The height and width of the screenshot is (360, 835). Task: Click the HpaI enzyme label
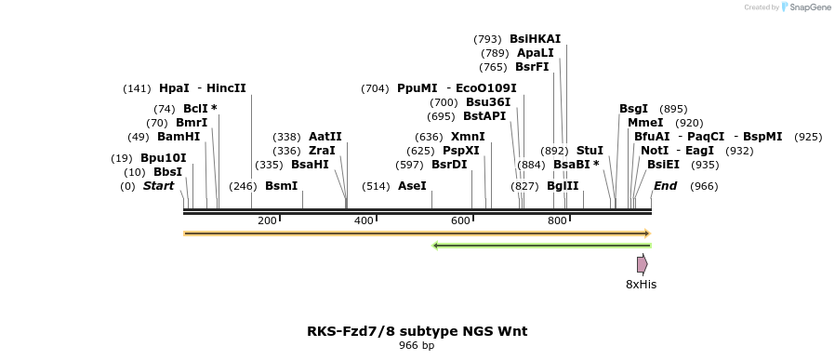click(174, 88)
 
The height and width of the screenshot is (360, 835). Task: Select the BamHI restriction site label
click(178, 137)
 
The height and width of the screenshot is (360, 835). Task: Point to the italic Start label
click(158, 186)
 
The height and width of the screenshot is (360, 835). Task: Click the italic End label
click(665, 186)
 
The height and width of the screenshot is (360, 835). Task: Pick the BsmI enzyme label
click(281, 186)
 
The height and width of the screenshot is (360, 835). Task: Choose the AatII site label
click(325, 137)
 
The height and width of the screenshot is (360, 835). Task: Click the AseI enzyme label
click(412, 186)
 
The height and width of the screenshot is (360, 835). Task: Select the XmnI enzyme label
click(467, 137)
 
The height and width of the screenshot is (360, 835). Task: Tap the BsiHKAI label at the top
click(535, 39)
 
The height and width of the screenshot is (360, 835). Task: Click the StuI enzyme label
click(590, 150)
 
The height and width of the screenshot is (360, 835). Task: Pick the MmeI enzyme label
click(645, 123)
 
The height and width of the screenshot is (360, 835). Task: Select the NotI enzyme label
click(654, 150)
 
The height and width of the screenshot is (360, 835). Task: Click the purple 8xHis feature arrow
click(642, 264)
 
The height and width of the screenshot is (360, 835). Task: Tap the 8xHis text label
click(641, 285)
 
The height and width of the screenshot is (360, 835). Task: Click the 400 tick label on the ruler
click(364, 220)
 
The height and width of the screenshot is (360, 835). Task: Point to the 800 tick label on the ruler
click(557, 220)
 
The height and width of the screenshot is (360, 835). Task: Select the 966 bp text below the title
click(417, 346)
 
